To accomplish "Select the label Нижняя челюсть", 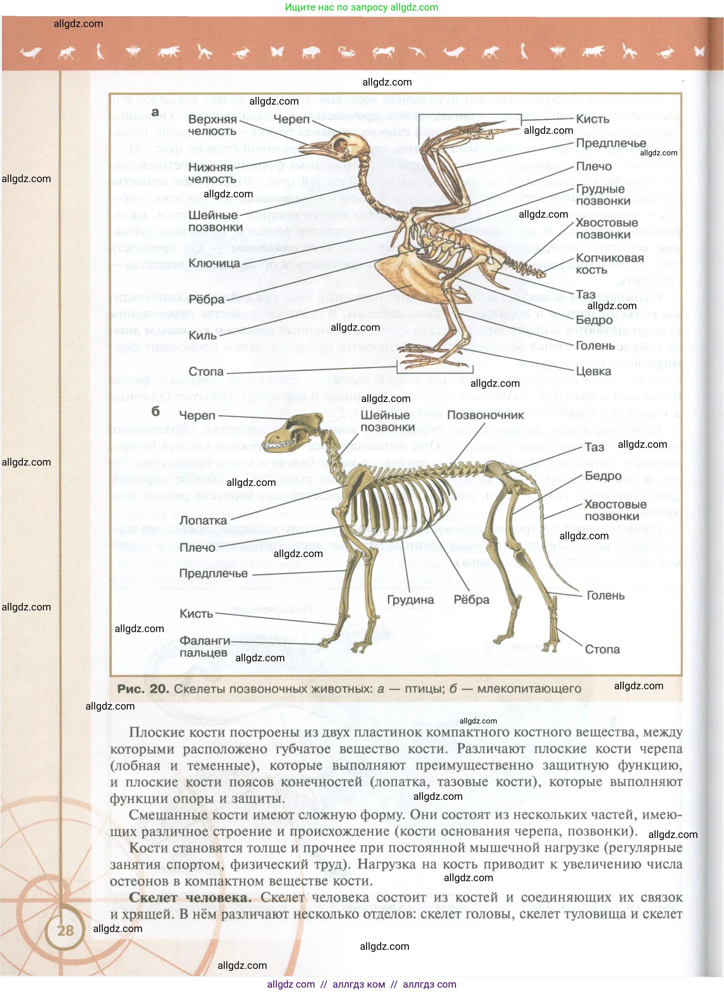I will pyautogui.click(x=212, y=173).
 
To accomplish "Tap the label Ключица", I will pyautogui.click(x=214, y=263).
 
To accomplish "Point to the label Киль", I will pyautogui.click(x=202, y=335).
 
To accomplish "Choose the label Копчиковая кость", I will pyautogui.click(x=610, y=264).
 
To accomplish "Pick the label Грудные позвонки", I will pyautogui.click(x=603, y=195).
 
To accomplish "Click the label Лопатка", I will pyautogui.click(x=203, y=520).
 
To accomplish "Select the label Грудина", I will pyautogui.click(x=410, y=600).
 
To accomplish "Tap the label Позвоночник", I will pyautogui.click(x=486, y=415).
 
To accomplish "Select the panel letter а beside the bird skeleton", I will pyautogui.click(x=155, y=113).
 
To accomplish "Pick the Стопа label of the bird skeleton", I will pyautogui.click(x=206, y=371).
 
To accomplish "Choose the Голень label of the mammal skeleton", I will pyautogui.click(x=605, y=595).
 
